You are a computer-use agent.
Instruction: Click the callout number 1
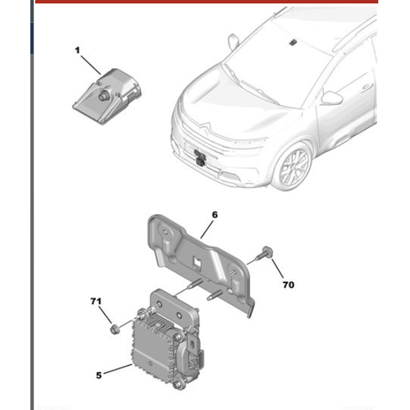77,51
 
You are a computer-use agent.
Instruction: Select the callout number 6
215,215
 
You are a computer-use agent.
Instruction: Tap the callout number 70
289,285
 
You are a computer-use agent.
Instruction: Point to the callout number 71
96,302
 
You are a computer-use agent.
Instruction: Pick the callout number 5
98,376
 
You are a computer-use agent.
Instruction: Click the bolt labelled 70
263,253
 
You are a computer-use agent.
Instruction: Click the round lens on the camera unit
103,96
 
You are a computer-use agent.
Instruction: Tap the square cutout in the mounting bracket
197,262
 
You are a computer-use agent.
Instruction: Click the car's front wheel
294,166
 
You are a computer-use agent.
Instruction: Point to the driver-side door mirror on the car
332,98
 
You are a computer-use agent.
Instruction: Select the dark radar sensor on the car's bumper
200,157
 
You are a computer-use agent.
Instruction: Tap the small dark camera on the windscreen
294,42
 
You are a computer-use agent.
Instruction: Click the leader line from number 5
118,369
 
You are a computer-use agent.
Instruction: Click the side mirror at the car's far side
233,42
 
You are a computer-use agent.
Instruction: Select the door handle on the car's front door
367,87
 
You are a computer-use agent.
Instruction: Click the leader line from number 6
207,230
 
